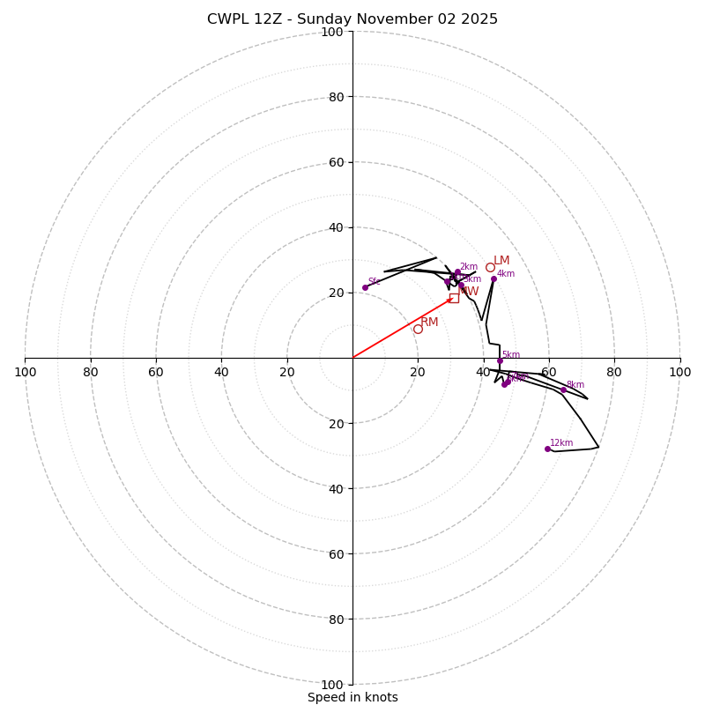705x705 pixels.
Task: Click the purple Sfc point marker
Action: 365,287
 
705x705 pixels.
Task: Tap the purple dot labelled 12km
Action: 547,449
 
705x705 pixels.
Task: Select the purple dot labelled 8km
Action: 563,390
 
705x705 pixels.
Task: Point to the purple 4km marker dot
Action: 493,278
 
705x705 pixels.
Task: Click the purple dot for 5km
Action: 500,360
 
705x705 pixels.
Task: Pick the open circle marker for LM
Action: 490,267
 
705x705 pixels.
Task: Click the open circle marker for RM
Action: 418,329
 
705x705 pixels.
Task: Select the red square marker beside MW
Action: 454,298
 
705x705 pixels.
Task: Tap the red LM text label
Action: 501,260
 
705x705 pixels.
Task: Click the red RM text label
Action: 429,323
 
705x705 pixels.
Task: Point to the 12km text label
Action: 561,443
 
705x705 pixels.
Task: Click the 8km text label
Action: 575,385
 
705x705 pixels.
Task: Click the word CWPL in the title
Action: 227,19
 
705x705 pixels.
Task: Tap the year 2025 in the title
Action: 479,19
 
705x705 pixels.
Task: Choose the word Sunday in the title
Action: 322,19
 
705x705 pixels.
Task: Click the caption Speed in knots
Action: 352,698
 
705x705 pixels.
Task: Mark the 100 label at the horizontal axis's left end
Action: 25,372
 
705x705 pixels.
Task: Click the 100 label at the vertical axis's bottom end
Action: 332,684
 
